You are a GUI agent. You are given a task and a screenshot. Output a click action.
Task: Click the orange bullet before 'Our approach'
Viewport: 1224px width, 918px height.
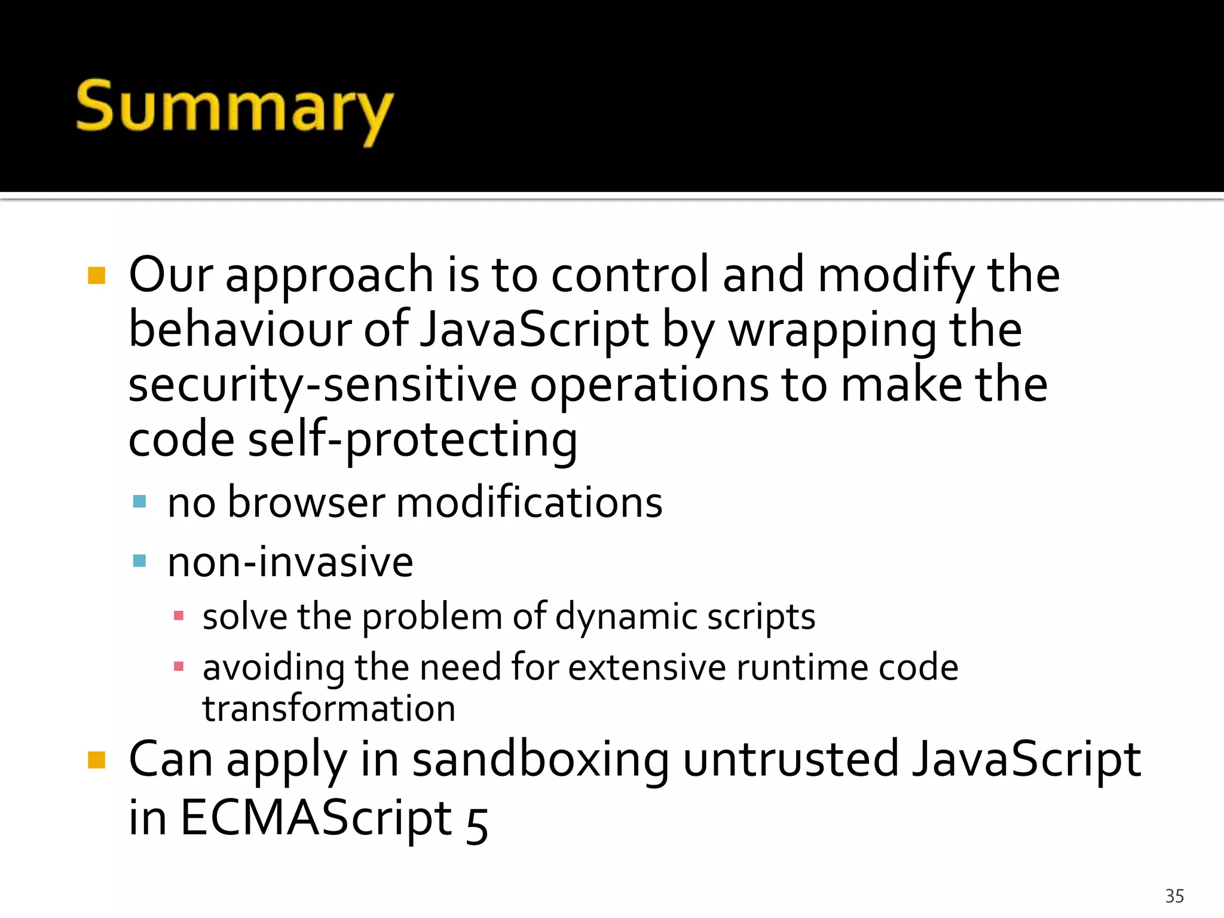(96, 276)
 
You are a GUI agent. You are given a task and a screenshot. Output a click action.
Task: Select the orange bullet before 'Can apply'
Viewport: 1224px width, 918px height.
(96, 760)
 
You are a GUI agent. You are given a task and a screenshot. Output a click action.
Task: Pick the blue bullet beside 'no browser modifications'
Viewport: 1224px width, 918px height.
(139, 501)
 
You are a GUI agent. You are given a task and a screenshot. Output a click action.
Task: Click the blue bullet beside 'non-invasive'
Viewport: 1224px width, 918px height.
(139, 561)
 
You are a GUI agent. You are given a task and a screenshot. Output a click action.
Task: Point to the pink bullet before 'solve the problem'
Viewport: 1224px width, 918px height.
(178, 615)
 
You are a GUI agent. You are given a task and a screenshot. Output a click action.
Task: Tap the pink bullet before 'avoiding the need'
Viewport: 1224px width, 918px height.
(178, 666)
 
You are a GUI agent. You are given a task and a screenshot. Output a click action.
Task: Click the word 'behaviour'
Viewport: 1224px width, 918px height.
(239, 330)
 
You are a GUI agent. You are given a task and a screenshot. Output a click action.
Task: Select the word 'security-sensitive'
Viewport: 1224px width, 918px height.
(322, 385)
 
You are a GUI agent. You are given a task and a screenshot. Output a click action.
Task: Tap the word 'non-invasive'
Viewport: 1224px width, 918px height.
(290, 562)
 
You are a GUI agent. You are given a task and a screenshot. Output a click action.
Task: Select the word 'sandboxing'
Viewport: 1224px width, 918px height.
(540, 759)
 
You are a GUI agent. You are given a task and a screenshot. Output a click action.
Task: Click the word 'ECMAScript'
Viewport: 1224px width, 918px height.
(316, 817)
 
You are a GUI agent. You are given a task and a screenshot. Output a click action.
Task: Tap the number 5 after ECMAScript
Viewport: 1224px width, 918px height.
(476, 824)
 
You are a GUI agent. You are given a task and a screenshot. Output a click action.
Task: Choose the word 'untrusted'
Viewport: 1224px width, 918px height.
(790, 759)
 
